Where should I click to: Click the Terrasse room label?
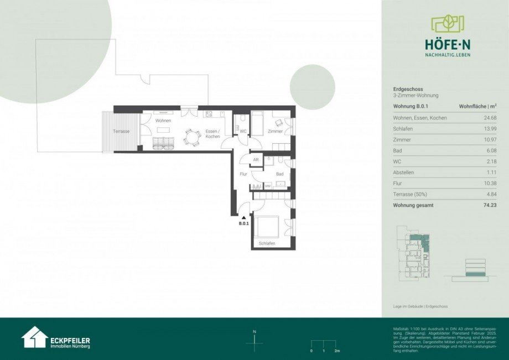pyautogui.click(x=121, y=131)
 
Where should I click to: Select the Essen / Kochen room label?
pyautogui.click(x=212, y=133)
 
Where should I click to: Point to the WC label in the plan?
pyautogui.click(x=242, y=131)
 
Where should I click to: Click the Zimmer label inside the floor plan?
pyautogui.click(x=275, y=131)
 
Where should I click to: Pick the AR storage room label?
pyautogui.click(x=256, y=160)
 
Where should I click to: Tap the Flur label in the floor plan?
pyautogui.click(x=243, y=174)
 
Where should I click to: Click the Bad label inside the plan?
pyautogui.click(x=279, y=174)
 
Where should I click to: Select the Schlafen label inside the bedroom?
pyautogui.click(x=267, y=243)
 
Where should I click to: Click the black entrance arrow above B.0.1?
pyautogui.click(x=243, y=217)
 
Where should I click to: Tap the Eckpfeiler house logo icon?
pyautogui.click(x=34, y=337)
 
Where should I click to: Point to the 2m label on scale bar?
pyautogui.click(x=336, y=351)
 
